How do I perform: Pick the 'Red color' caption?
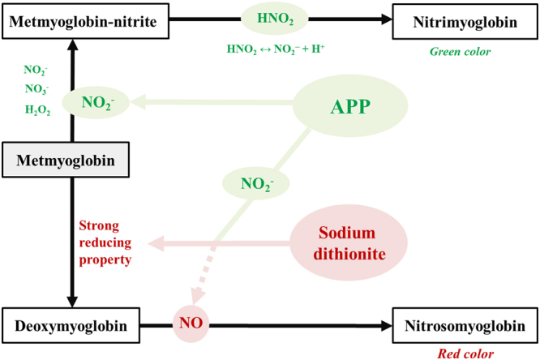coord(464,354)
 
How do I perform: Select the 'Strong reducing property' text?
coord(105,242)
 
